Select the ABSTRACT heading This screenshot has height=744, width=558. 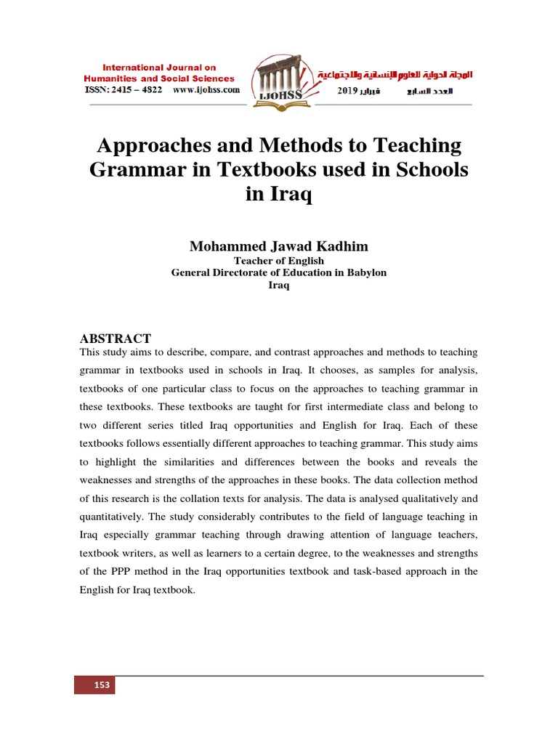(x=114, y=339)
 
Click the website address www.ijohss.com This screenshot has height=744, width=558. (x=206, y=90)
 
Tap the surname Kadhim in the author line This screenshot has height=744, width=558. (x=342, y=246)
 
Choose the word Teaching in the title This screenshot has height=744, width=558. (x=416, y=145)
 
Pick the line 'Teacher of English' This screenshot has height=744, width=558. (x=278, y=260)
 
